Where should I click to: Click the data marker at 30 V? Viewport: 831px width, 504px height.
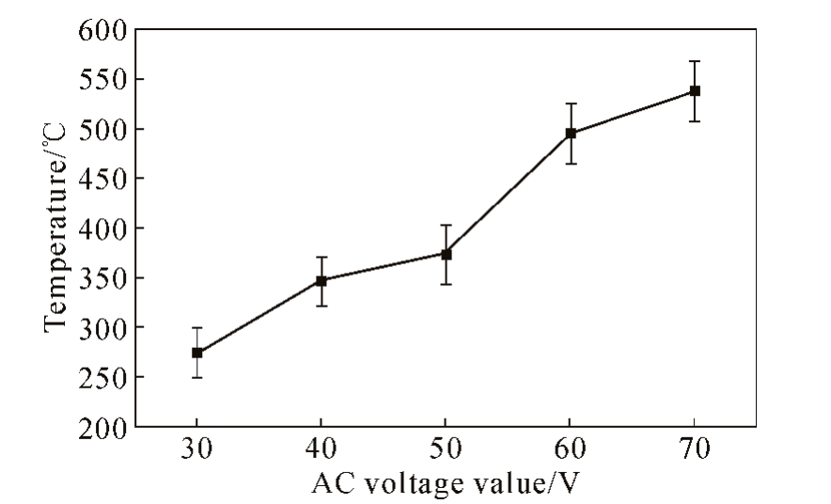pos(196,353)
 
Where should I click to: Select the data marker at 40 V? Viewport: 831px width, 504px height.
pos(321,280)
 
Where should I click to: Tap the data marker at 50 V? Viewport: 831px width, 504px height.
pos(446,254)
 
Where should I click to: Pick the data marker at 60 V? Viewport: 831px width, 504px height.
pos(571,134)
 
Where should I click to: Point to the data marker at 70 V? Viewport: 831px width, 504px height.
pos(695,91)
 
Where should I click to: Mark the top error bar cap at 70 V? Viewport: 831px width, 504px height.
pos(695,61)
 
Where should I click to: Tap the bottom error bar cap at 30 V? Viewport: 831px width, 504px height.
pos(196,377)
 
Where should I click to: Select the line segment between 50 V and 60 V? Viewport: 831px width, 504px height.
pos(509,194)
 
